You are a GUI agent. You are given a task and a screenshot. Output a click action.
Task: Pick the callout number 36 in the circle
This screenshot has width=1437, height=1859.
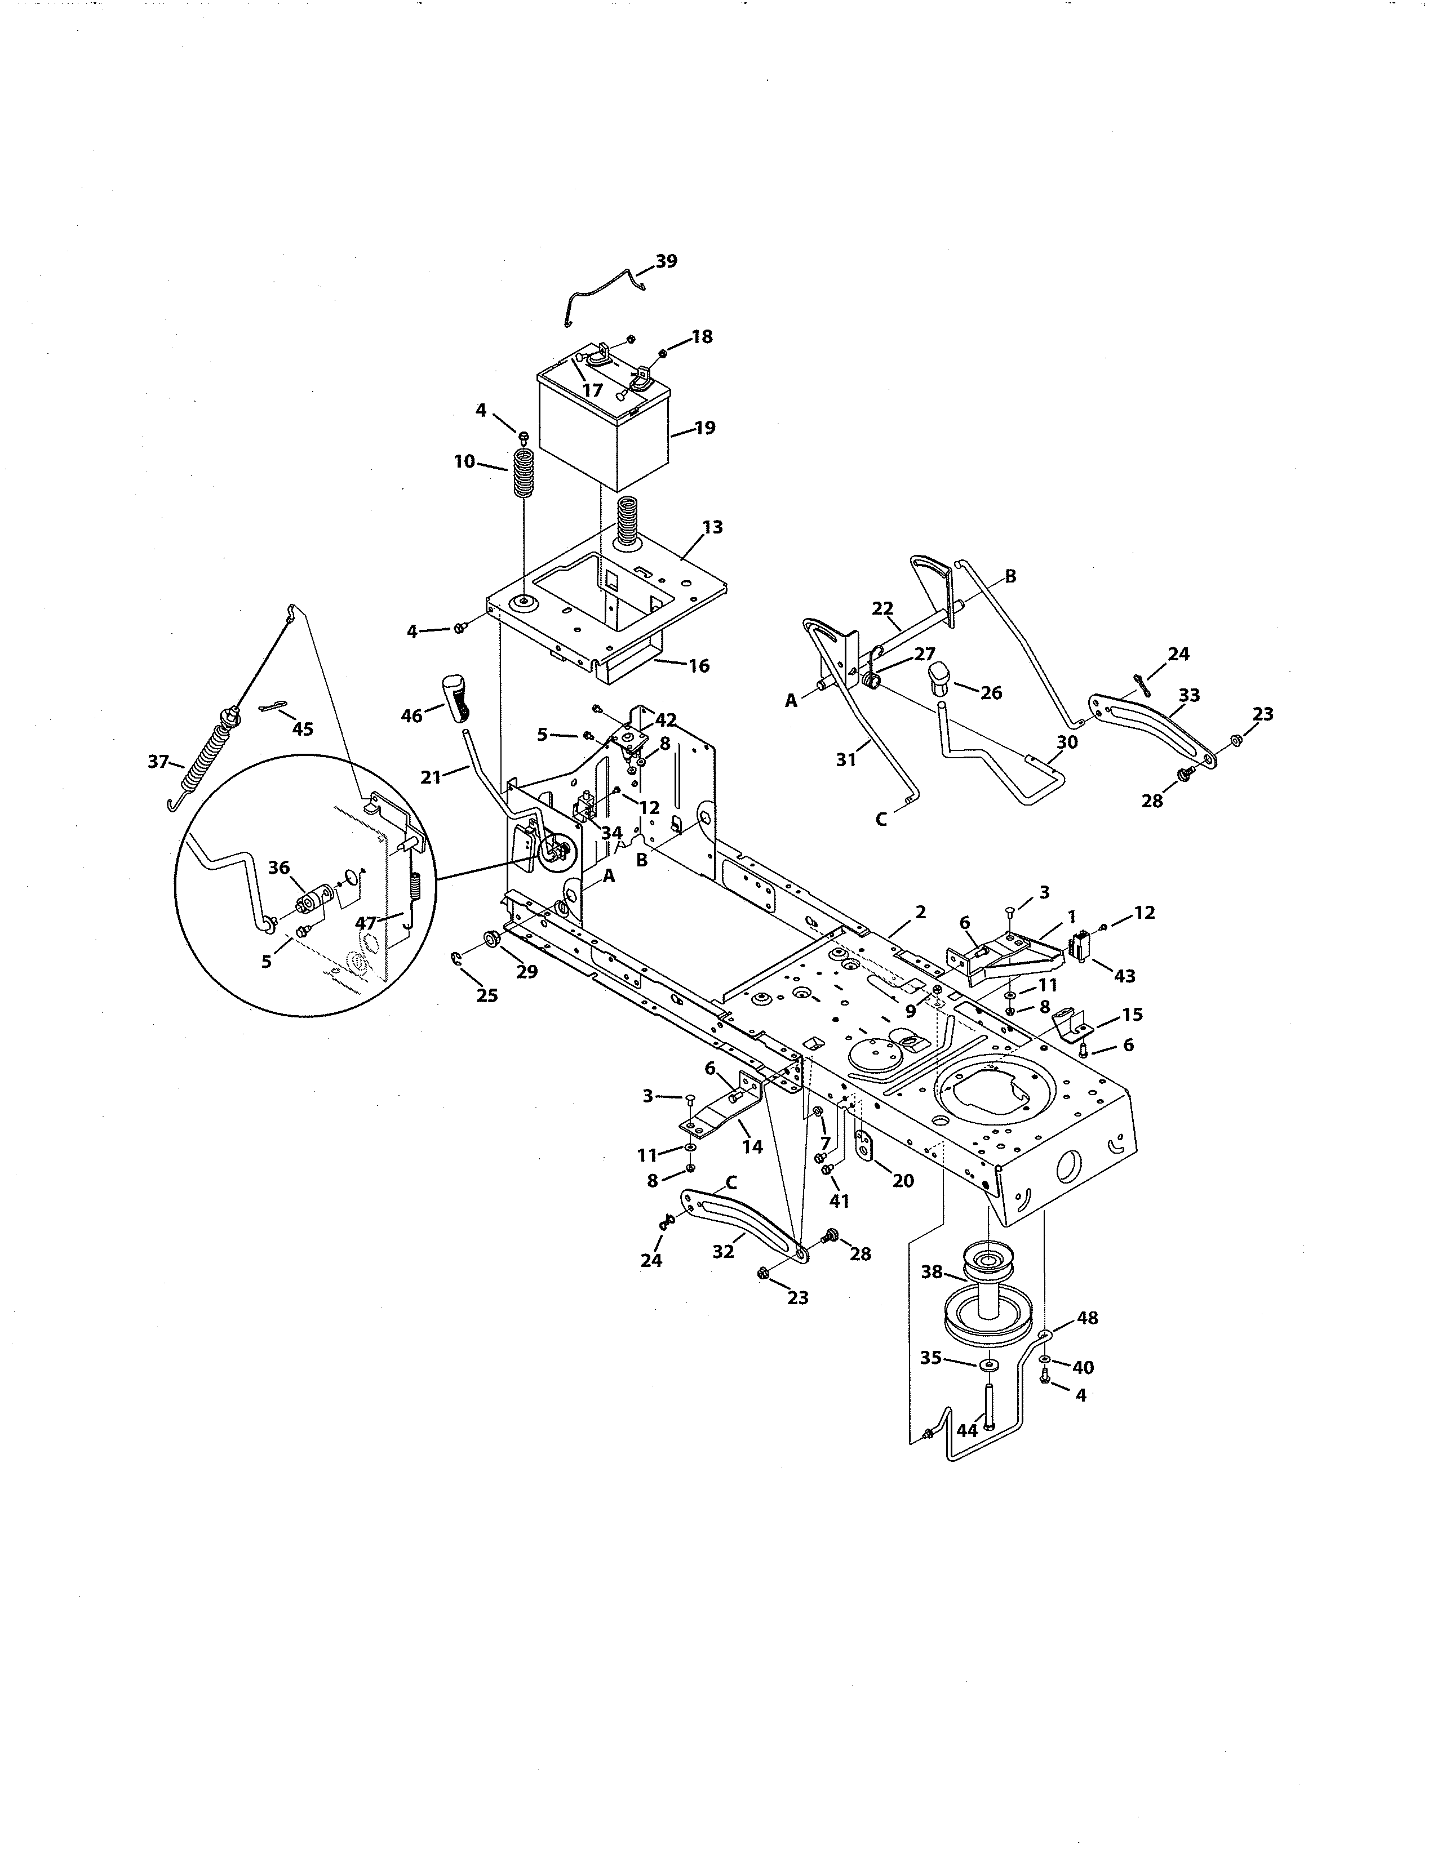(279, 868)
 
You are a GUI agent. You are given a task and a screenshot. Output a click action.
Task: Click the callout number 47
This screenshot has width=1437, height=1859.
(365, 923)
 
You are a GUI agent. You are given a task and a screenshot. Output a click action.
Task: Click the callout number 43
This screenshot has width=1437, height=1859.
(1125, 976)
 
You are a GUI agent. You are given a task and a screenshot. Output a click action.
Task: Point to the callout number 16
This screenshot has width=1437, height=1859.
(698, 666)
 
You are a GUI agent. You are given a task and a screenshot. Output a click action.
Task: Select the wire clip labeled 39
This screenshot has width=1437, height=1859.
(603, 293)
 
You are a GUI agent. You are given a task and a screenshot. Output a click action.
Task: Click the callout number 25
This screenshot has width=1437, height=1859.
(486, 995)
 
